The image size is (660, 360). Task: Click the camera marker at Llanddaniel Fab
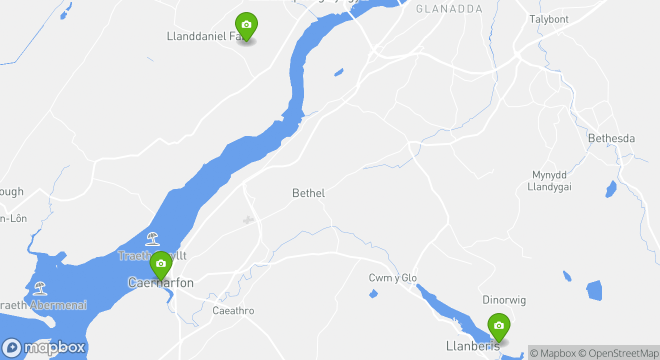coord(246,25)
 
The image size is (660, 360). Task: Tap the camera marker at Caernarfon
coord(160,263)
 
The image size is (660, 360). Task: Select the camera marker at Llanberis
coord(498,326)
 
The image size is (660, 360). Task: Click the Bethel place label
coord(308,193)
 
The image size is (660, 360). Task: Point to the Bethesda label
coord(611,138)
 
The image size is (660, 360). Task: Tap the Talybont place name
coord(549,19)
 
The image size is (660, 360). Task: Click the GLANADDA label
coord(449,9)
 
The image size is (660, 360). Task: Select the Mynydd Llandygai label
coord(549,181)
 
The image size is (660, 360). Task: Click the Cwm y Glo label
coord(392,278)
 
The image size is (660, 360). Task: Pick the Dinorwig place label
coord(504,300)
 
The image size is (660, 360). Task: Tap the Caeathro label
coord(233,311)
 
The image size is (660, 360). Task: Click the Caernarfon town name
coord(160,283)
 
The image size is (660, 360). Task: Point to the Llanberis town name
coord(472,346)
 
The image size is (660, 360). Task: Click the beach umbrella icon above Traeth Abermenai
coord(39,288)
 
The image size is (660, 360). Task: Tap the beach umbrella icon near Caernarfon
coord(152,238)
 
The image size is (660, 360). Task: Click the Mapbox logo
coord(44,347)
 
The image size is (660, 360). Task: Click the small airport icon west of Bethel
coord(248,220)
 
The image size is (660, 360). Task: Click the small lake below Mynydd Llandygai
coord(611,188)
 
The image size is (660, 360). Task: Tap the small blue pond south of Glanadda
coord(339,72)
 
